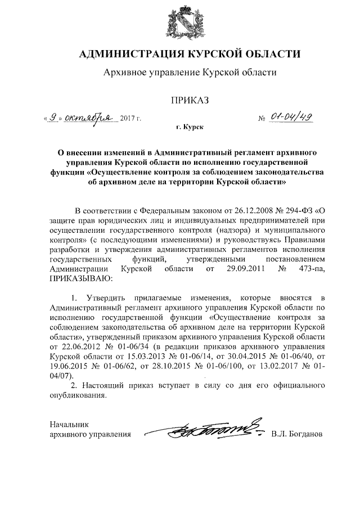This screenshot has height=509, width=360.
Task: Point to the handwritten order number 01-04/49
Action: pos(293,118)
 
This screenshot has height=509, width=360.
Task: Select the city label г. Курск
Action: pos(188,129)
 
